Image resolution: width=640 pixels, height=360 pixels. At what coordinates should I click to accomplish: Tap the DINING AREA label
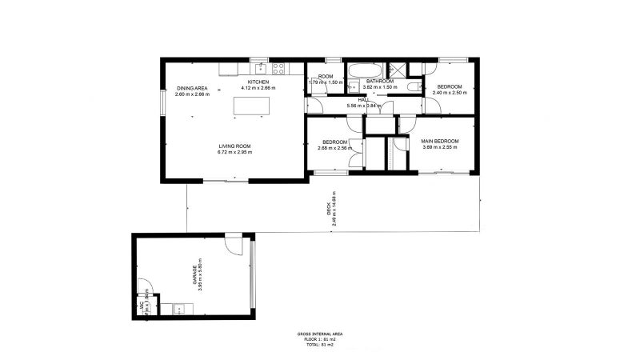coord(192,88)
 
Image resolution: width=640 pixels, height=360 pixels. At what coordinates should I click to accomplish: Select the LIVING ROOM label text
coord(235,146)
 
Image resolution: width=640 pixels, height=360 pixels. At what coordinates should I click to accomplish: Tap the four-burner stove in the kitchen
coord(279,68)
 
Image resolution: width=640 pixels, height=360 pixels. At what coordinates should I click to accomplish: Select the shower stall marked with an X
coord(396,69)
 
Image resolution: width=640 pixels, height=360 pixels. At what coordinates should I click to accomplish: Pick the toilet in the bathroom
coord(413,86)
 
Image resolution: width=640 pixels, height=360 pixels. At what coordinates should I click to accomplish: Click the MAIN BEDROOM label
coord(439,141)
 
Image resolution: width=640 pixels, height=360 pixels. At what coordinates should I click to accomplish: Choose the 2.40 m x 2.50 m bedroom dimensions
coord(449,93)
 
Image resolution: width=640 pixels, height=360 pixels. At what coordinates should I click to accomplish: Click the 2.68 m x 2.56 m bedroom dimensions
coord(334,147)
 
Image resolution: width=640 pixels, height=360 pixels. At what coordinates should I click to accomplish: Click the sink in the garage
coord(179,307)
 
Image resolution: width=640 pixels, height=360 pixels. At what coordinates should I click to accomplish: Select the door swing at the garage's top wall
coord(232,243)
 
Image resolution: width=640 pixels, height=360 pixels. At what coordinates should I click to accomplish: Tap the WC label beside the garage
coord(145,305)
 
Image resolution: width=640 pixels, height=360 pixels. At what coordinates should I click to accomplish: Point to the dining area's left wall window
coord(163,102)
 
